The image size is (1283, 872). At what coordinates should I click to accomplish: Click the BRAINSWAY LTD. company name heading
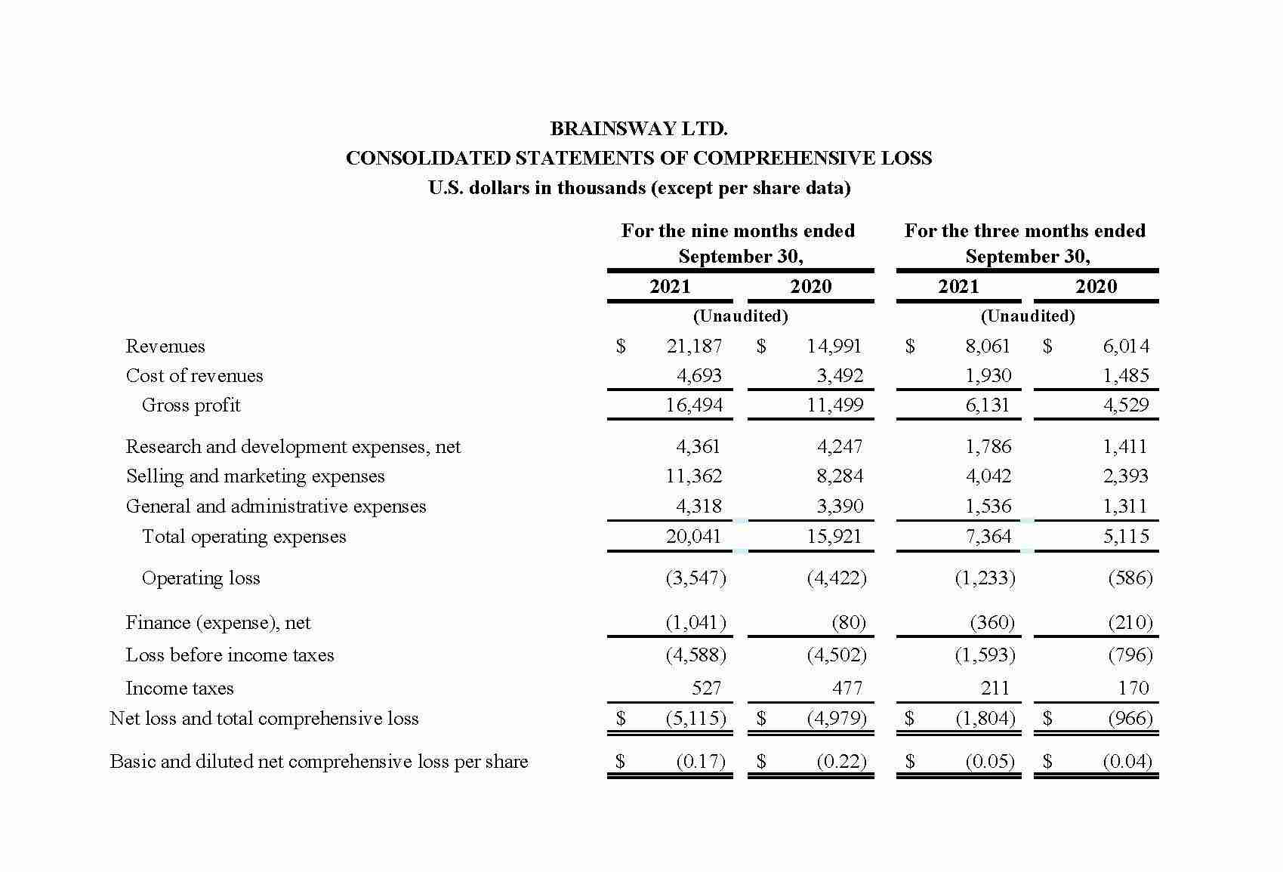(x=639, y=129)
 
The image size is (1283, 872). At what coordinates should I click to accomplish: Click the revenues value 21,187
(x=694, y=347)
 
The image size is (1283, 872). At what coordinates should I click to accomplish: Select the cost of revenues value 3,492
(x=839, y=376)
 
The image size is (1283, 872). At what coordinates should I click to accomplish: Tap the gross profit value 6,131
(x=987, y=405)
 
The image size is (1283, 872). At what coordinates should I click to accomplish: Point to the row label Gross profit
(x=191, y=405)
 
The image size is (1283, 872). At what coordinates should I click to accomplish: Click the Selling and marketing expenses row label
(x=255, y=476)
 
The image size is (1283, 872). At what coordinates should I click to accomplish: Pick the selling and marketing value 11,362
(x=693, y=476)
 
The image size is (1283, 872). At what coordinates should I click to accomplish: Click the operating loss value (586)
(x=1130, y=578)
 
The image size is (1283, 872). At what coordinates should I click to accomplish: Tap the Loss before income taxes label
(x=230, y=655)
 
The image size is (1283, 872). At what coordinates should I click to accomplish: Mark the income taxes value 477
(x=847, y=689)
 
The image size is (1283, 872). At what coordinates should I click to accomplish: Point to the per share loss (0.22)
(x=841, y=762)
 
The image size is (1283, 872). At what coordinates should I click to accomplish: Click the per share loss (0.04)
(x=1127, y=762)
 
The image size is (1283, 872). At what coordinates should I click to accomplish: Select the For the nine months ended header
(x=738, y=231)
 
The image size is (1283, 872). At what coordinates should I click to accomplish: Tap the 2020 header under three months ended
(x=1096, y=287)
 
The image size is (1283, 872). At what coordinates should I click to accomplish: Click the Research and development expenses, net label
(x=293, y=447)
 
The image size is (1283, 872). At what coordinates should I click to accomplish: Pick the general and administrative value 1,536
(x=988, y=507)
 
